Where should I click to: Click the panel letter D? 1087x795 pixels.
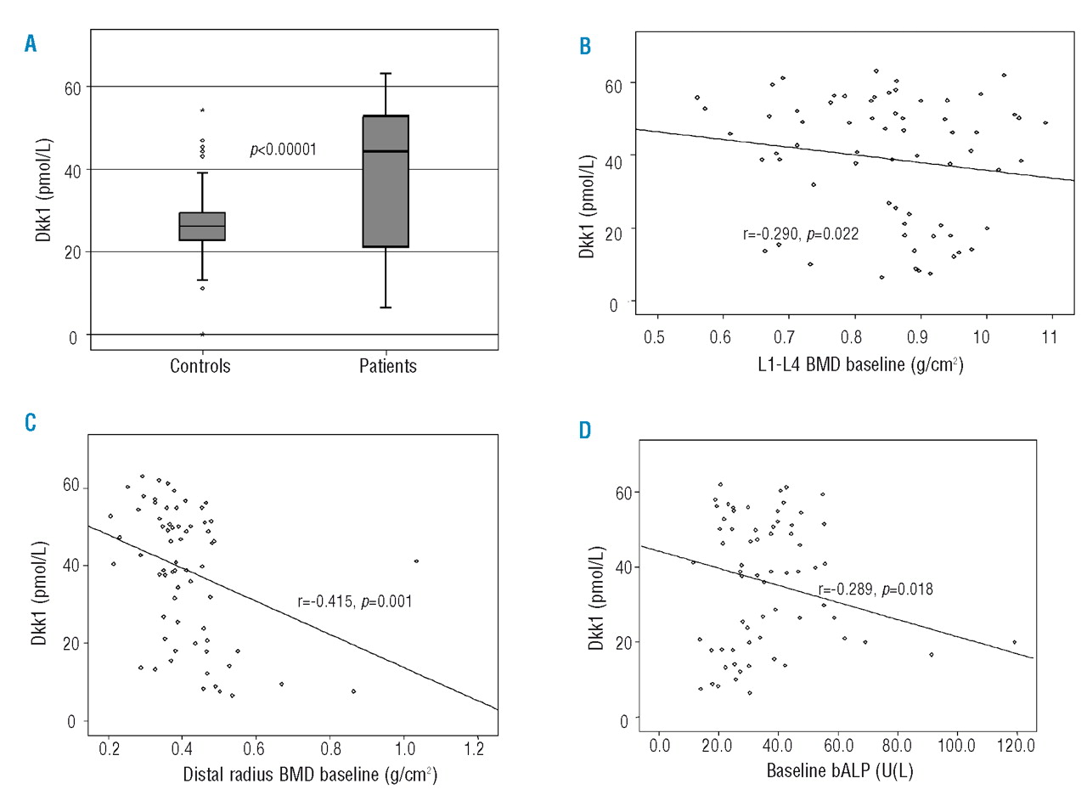[585, 431]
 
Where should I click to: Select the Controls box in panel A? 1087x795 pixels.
[202, 227]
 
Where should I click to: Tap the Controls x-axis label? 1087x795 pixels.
[200, 366]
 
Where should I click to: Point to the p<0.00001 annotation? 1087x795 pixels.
[283, 150]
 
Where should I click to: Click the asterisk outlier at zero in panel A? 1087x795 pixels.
[202, 335]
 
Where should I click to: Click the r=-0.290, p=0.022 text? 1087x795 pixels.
[801, 234]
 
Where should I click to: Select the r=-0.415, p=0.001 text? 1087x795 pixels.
[355, 602]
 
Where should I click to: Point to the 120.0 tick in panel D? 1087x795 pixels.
[1017, 745]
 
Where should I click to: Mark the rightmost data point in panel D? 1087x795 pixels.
[1014, 642]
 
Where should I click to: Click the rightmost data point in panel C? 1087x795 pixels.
[416, 561]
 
